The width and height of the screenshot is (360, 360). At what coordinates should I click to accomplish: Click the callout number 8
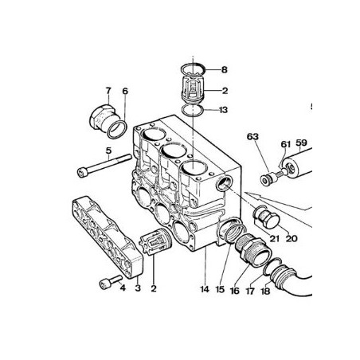225,70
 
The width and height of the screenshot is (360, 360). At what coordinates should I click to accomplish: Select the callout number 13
224,110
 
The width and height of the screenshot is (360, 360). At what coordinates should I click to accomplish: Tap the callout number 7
108,91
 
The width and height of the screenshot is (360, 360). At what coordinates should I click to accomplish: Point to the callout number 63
252,136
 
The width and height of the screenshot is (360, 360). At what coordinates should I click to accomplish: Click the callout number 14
205,289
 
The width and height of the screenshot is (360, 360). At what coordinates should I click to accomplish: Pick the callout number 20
292,238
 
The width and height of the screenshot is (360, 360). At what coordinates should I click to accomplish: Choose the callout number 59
301,143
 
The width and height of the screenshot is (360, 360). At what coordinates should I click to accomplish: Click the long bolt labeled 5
104,166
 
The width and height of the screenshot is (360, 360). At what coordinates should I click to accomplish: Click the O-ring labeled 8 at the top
194,69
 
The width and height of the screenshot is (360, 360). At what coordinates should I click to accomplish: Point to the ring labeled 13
193,110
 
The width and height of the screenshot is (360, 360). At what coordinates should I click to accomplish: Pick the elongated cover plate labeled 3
108,237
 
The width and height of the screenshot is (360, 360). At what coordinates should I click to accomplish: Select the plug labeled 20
268,218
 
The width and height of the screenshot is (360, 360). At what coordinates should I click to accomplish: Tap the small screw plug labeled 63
268,178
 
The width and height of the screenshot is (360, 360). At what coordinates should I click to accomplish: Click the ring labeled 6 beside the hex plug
117,129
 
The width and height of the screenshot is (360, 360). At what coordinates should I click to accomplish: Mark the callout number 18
265,292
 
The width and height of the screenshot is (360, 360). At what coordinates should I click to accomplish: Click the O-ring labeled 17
272,267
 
